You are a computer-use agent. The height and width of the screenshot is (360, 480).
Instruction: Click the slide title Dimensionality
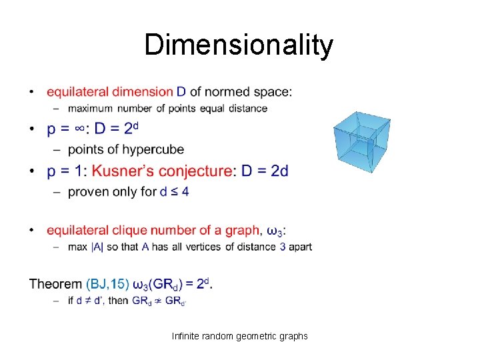(x=239, y=46)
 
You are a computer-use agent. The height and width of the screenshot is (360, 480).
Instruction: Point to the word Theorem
(x=55, y=285)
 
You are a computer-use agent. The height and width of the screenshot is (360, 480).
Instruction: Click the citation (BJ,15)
(x=107, y=285)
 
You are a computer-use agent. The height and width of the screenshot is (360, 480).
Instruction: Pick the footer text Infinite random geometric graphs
(x=239, y=336)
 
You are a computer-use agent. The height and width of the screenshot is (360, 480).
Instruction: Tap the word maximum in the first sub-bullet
(x=89, y=108)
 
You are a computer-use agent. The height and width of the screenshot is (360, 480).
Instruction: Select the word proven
(x=89, y=192)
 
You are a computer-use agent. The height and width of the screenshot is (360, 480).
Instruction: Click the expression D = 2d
(x=265, y=171)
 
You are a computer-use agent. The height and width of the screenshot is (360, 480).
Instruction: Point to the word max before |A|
(x=77, y=247)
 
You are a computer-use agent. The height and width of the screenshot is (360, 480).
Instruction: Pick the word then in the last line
(x=117, y=301)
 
